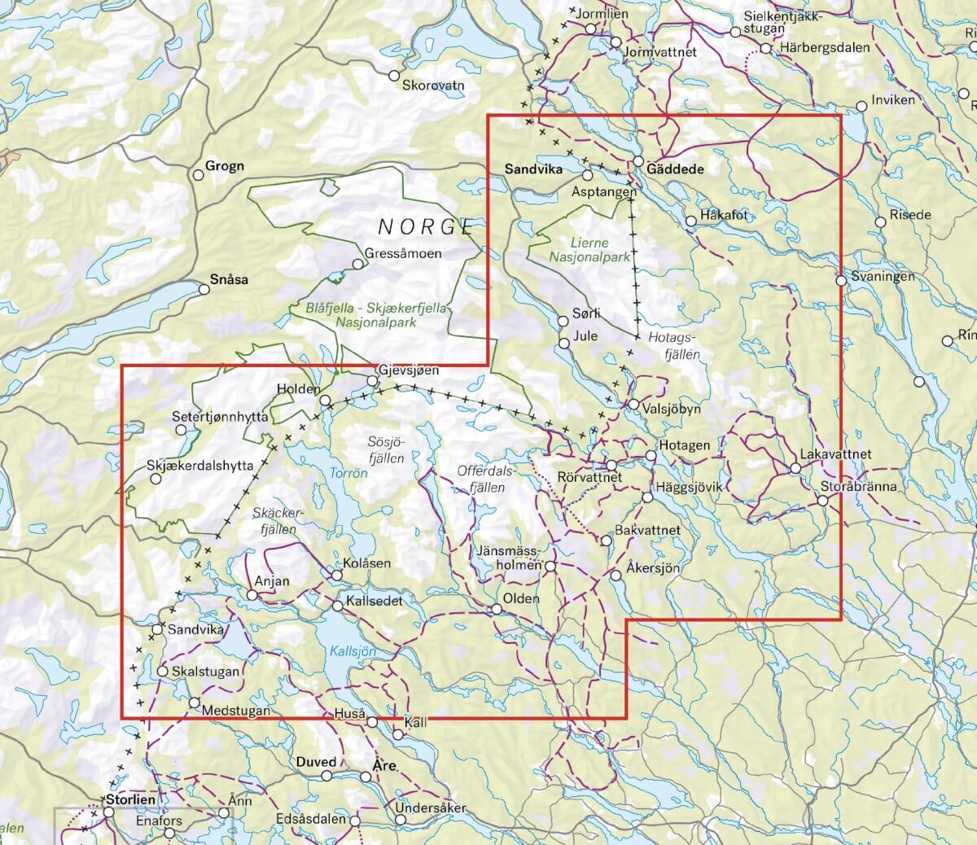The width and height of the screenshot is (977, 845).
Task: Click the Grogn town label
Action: pos(224,166)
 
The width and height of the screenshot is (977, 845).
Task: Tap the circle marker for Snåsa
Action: pos(205,288)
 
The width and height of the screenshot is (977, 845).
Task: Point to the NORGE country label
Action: pos(427,226)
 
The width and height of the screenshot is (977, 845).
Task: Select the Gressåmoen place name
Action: pos(403,253)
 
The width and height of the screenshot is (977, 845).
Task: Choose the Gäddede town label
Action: pos(676,169)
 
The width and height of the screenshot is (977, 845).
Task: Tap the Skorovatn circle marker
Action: pos(395,75)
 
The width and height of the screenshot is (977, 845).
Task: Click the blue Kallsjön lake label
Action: pos(353,651)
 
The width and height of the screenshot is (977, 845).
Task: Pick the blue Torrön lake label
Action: pos(348,472)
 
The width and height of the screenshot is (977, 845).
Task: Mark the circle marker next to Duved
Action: pos(326,776)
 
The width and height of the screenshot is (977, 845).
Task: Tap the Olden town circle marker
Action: pos(496,610)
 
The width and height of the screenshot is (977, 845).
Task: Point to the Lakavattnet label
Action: pos(835,454)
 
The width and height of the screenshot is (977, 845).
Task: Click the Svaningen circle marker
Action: pos(840,281)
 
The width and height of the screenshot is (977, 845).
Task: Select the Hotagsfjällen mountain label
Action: pos(674,346)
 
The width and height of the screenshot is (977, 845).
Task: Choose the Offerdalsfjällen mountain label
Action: pos(486,479)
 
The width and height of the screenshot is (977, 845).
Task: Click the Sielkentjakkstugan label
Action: pos(783,22)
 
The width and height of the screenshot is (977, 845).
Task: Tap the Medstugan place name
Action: pos(235,711)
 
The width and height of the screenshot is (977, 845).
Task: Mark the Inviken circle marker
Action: pos(861,106)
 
